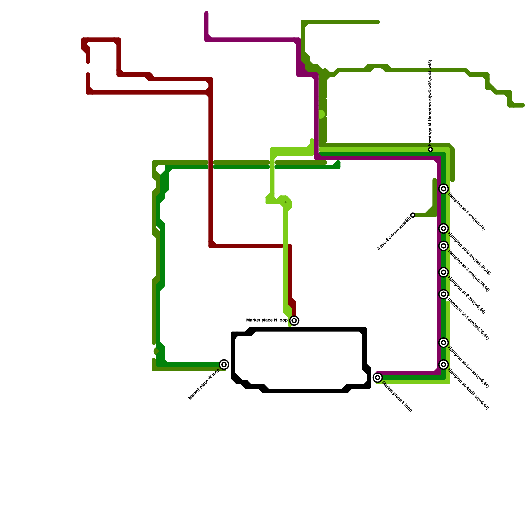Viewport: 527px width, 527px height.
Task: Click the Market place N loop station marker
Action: tap(294, 320)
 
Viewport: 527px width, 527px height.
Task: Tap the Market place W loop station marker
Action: tap(224, 364)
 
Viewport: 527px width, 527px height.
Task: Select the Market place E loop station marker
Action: tap(378, 377)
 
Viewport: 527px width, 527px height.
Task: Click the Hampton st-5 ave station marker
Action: tap(444, 189)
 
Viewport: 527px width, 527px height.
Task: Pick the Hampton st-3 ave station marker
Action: tap(444, 246)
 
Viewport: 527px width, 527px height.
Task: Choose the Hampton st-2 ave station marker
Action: tap(444, 272)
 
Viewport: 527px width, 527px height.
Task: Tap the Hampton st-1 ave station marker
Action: tap(444, 294)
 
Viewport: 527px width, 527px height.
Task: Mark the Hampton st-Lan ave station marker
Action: tap(444, 343)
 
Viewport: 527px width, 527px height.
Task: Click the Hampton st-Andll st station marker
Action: tap(444, 364)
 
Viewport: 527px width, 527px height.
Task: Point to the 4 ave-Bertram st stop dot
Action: tap(413, 215)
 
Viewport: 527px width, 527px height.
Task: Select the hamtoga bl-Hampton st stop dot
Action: tap(430, 150)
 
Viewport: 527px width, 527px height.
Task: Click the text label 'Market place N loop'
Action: tap(267, 320)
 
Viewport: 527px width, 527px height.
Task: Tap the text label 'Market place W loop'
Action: tap(204, 384)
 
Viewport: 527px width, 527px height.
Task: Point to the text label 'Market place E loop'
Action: tap(397, 397)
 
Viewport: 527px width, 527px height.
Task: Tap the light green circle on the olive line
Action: tap(321, 114)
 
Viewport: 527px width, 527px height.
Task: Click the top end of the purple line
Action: tap(207, 14)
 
